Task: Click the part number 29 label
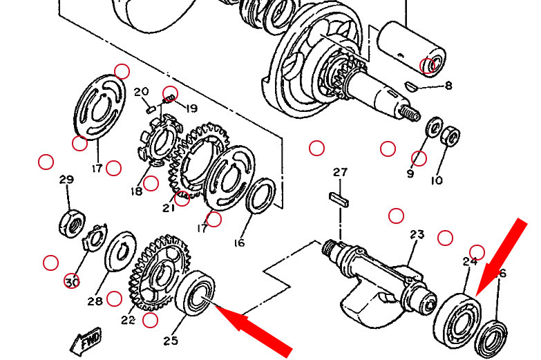tap(66, 180)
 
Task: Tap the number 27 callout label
tap(340, 172)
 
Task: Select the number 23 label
tap(417, 235)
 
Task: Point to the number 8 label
tap(448, 85)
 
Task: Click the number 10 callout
tap(437, 180)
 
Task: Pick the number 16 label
tap(239, 243)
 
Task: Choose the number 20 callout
tap(142, 92)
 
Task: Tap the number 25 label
tap(171, 341)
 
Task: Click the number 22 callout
tap(128, 320)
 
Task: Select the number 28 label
tap(95, 301)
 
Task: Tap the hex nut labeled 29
tap(72, 223)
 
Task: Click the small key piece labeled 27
tap(339, 200)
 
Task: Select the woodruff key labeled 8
tap(411, 86)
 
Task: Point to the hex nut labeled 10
tap(450, 135)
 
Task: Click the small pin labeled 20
tap(151, 110)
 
